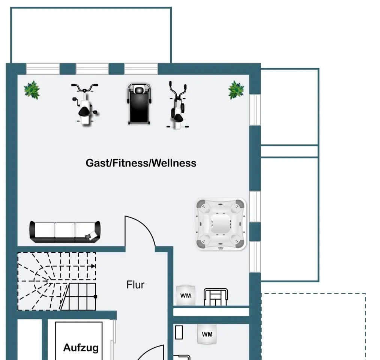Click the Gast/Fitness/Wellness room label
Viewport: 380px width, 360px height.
(x=141, y=163)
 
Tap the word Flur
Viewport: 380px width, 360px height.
(x=135, y=285)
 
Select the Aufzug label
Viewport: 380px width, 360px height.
(x=81, y=347)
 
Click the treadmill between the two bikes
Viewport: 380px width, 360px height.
(x=139, y=104)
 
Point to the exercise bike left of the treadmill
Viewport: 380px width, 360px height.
(x=85, y=104)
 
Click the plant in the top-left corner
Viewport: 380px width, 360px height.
(x=32, y=90)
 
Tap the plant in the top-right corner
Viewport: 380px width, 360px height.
(x=236, y=90)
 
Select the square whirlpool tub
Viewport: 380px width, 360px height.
(x=221, y=224)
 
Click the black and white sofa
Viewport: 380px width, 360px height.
(x=65, y=231)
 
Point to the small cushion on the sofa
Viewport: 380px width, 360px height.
(x=91, y=236)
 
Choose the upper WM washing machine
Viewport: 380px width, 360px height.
(x=186, y=295)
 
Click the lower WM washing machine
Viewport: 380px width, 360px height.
(x=207, y=334)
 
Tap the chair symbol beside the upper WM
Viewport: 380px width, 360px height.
(x=216, y=297)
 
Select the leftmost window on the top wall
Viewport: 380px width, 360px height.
(x=43, y=69)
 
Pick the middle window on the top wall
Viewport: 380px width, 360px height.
(x=92, y=69)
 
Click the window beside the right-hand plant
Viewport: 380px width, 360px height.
(x=255, y=109)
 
